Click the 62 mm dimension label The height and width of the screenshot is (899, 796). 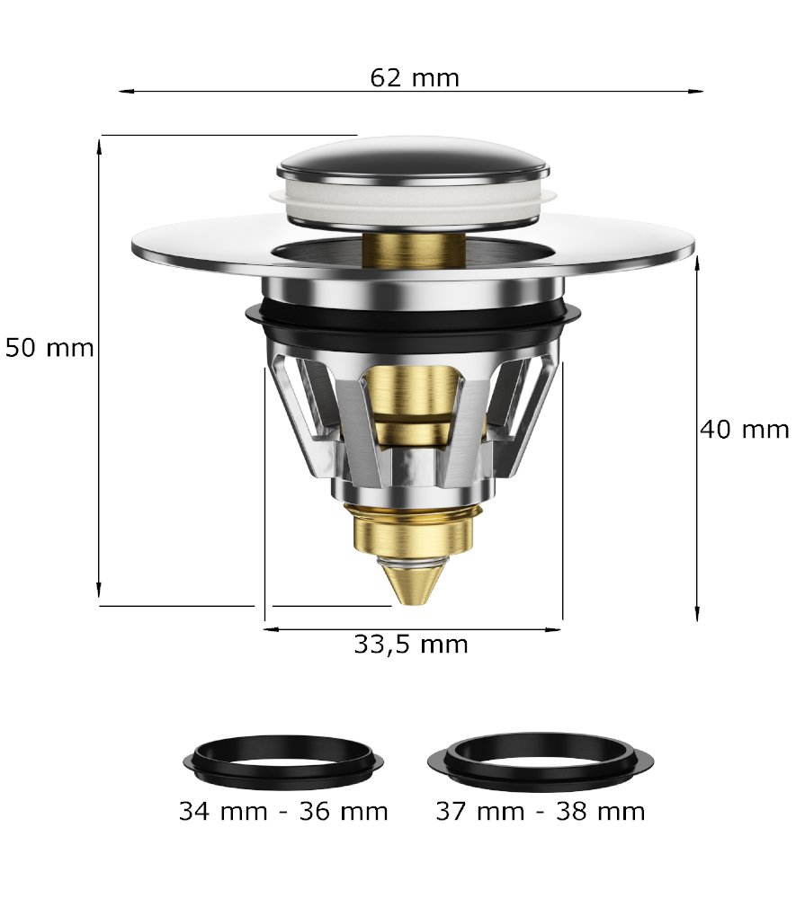415,78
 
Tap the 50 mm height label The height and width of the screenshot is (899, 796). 49,348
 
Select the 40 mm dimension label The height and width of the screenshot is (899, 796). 745,430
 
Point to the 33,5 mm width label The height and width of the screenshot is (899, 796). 411,645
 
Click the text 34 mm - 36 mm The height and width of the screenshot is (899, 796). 283,811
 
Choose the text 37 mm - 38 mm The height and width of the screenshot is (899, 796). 541,811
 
